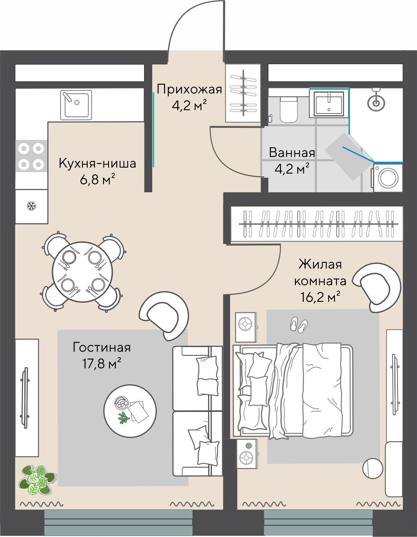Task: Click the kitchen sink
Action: pyautogui.click(x=76, y=105)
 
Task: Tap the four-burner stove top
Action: pyautogui.click(x=31, y=156)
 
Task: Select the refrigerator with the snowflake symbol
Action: pyautogui.click(x=31, y=206)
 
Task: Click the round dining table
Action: pyautogui.click(x=82, y=271)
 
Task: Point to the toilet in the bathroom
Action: pyautogui.click(x=289, y=110)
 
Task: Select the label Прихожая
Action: pyautogui.click(x=189, y=90)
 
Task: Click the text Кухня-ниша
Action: pyautogui.click(x=97, y=163)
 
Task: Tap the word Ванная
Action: pyautogui.click(x=292, y=153)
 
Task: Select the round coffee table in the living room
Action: pyautogui.click(x=130, y=411)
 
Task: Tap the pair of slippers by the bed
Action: pyautogui.click(x=299, y=324)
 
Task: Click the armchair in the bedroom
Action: pyautogui.click(x=377, y=287)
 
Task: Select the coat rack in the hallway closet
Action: pyautogui.click(x=243, y=93)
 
